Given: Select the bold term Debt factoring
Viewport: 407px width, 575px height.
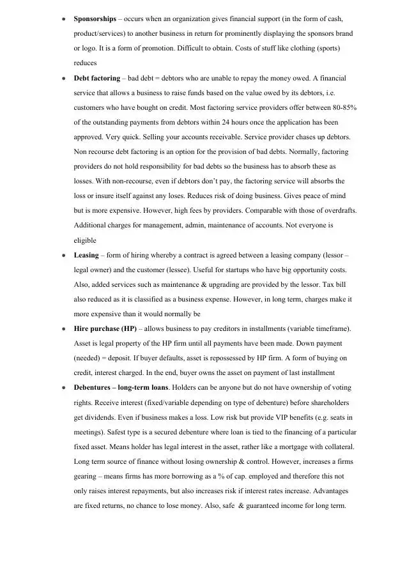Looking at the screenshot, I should (96, 78).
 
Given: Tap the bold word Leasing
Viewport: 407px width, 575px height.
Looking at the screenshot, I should (86, 255).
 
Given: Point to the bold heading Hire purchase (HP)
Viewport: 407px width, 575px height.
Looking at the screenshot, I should (106, 328).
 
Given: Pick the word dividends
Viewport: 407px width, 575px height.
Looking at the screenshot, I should (103, 417).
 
